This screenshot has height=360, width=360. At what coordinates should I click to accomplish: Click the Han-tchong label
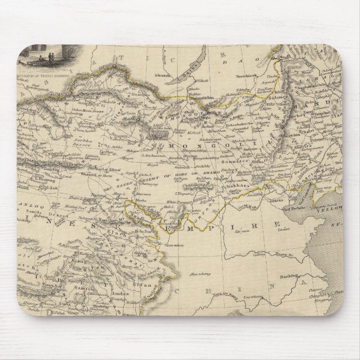pos(195,272)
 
